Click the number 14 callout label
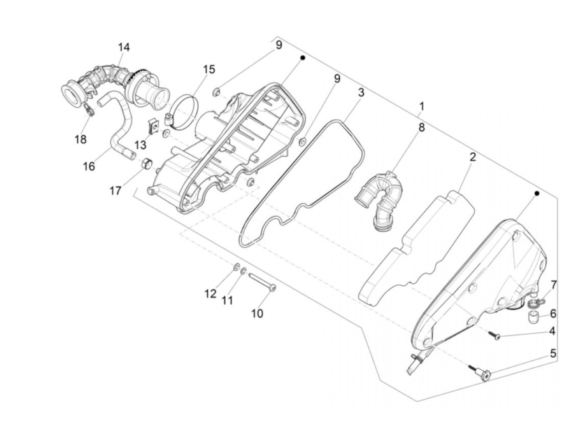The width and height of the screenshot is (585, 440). (124, 47)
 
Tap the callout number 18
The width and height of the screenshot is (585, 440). (81, 139)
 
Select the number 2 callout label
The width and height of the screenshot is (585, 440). (473, 157)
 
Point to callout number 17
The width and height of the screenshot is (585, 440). (115, 191)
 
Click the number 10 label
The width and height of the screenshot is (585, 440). (257, 313)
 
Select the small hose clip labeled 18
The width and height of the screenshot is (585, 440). (89, 110)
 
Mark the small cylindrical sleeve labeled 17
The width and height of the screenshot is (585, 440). (146, 163)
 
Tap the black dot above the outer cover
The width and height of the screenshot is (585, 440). (537, 193)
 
